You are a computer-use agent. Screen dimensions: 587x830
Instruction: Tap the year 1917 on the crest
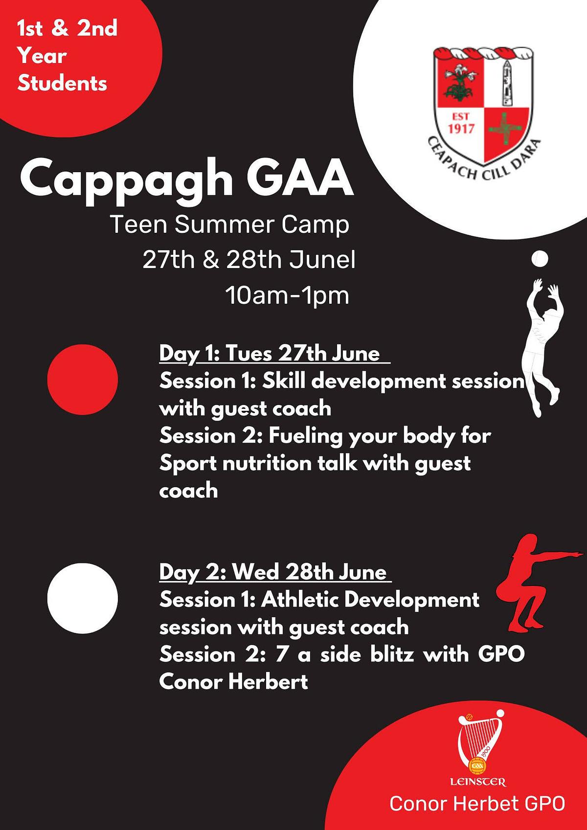tap(461, 129)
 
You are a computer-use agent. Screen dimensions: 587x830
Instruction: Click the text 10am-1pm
tap(287, 295)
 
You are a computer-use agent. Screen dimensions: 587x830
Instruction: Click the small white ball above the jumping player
tap(540, 259)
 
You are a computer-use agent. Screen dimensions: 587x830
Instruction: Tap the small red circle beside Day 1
tap(83, 380)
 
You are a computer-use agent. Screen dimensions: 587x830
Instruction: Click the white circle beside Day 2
tap(83, 598)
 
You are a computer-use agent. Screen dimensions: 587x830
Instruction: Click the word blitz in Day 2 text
tap(392, 654)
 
